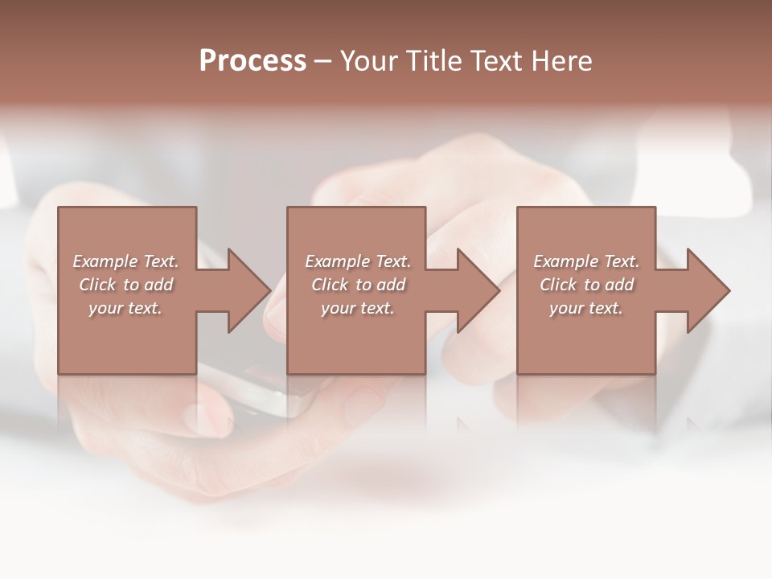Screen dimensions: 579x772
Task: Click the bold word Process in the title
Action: (253, 61)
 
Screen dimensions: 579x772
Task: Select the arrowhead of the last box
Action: (708, 290)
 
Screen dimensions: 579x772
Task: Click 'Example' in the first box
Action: (105, 261)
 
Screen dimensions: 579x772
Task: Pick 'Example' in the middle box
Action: (337, 261)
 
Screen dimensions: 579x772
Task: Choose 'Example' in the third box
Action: (565, 261)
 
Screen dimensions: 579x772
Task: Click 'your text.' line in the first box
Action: (125, 308)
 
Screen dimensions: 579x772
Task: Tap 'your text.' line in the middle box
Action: (358, 308)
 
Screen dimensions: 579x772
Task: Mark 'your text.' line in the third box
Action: (586, 308)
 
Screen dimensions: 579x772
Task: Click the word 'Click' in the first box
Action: (98, 285)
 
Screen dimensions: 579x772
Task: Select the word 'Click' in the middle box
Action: (331, 285)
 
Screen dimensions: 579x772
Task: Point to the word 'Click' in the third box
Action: (559, 285)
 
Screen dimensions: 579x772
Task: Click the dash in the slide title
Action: (323, 62)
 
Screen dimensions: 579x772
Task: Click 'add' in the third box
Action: (619, 285)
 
